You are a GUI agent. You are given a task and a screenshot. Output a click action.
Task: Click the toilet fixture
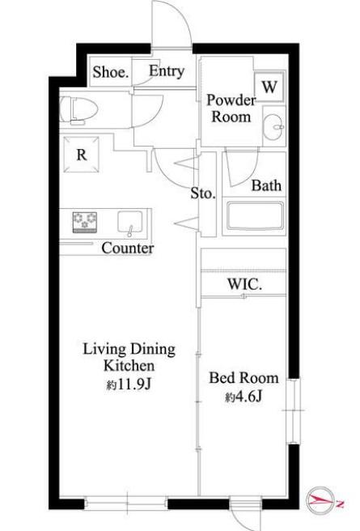point(78,110)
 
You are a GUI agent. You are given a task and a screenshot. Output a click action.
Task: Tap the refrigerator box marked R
point(82,155)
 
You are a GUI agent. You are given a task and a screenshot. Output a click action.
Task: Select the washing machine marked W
point(269,87)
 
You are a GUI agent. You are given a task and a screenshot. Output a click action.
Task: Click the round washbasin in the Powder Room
point(273,127)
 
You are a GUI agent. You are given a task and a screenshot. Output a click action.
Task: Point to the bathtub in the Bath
point(255,215)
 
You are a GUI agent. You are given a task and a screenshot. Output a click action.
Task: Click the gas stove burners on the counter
point(85,223)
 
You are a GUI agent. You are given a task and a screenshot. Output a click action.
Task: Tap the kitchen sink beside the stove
point(130,223)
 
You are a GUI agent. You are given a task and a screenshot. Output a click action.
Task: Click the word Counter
point(128,249)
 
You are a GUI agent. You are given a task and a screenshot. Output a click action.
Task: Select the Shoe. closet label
point(111,72)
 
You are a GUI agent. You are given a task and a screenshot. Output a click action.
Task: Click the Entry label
point(167,71)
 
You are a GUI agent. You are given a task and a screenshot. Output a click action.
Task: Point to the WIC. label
point(244,284)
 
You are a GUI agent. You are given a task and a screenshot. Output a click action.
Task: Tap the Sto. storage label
point(203,193)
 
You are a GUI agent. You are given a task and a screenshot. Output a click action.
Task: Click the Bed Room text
point(244,378)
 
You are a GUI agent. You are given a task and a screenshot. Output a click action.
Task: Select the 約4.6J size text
point(244,397)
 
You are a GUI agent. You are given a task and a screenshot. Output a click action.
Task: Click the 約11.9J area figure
point(129,384)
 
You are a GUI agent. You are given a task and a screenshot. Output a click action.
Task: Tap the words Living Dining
point(129,350)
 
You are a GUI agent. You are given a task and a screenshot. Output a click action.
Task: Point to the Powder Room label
point(231,108)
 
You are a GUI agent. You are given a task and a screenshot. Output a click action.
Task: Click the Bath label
point(266,185)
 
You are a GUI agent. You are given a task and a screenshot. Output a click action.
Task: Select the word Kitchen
point(129,366)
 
